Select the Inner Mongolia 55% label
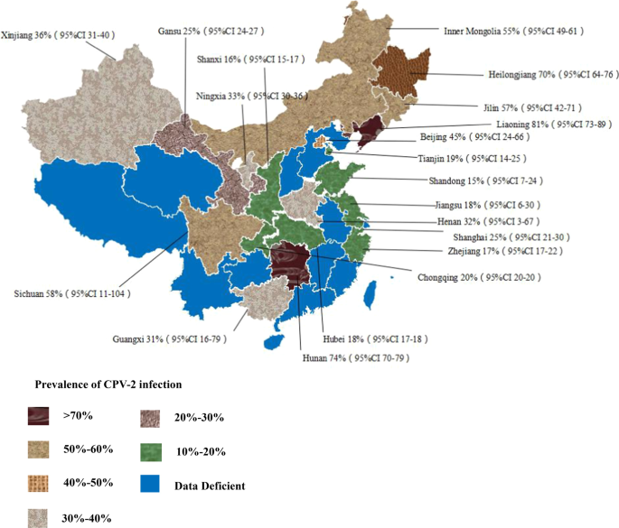pyautogui.click(x=512, y=31)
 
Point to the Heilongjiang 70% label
pyautogui.click(x=525, y=74)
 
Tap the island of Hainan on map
pyautogui.click(x=269, y=342)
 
